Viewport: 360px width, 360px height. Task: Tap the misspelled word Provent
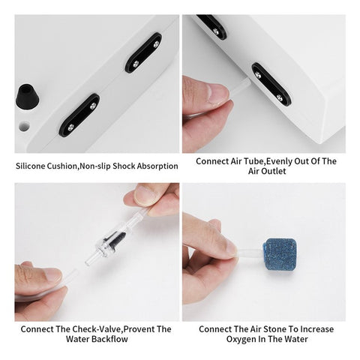click(139, 329)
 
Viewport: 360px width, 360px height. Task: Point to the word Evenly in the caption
click(278, 161)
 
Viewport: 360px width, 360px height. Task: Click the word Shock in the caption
click(124, 166)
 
